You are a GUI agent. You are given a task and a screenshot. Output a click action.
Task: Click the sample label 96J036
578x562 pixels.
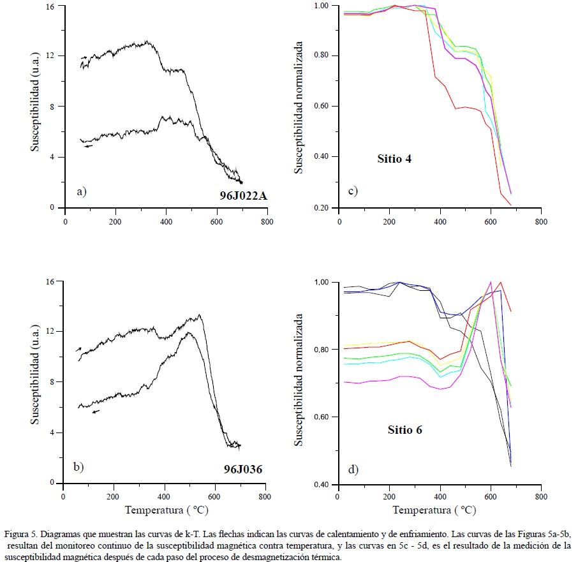pos(242,470)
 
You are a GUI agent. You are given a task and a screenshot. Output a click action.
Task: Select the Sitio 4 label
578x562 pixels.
pos(394,158)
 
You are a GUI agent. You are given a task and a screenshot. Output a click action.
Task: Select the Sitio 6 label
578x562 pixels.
pos(404,430)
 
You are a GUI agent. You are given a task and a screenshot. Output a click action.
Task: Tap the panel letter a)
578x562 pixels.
pos(80,191)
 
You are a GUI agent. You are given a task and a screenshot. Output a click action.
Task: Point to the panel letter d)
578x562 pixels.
pos(353,470)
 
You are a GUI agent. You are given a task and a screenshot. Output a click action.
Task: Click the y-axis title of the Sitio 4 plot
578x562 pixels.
pos(298,107)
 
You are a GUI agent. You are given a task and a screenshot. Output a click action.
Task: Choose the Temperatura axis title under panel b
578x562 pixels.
pos(167,510)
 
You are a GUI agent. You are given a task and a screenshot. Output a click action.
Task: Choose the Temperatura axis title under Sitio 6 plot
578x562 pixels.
pos(434,510)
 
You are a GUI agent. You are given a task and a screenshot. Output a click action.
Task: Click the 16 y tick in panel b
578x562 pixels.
pos(51,281)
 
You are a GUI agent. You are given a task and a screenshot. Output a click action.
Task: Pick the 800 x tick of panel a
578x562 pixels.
pos(267,221)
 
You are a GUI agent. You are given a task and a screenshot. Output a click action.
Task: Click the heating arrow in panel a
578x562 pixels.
pos(84,57)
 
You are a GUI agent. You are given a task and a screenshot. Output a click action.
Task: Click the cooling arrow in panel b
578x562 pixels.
pos(96,411)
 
